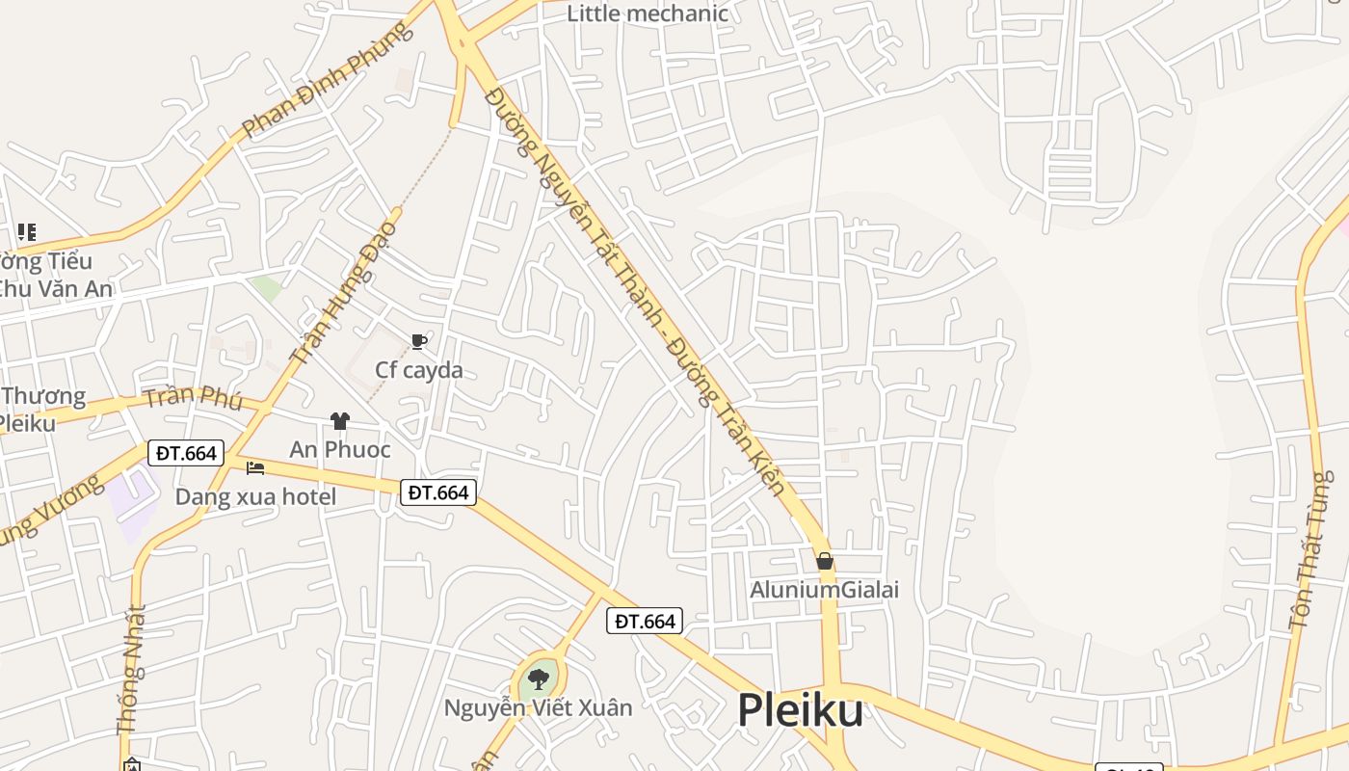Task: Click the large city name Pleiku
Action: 800,711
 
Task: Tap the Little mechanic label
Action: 647,13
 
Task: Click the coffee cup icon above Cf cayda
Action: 418,341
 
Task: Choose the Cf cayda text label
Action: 419,370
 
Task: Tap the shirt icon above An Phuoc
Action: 339,421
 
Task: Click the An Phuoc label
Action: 340,449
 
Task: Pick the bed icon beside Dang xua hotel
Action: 255,468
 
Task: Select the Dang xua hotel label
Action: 255,496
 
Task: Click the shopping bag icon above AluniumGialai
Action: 825,561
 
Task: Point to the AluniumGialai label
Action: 825,589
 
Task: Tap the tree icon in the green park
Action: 539,679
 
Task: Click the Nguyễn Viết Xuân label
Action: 538,707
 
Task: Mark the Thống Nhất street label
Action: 132,670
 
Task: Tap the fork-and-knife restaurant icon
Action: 26,232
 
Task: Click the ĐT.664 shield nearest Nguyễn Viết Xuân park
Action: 645,622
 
